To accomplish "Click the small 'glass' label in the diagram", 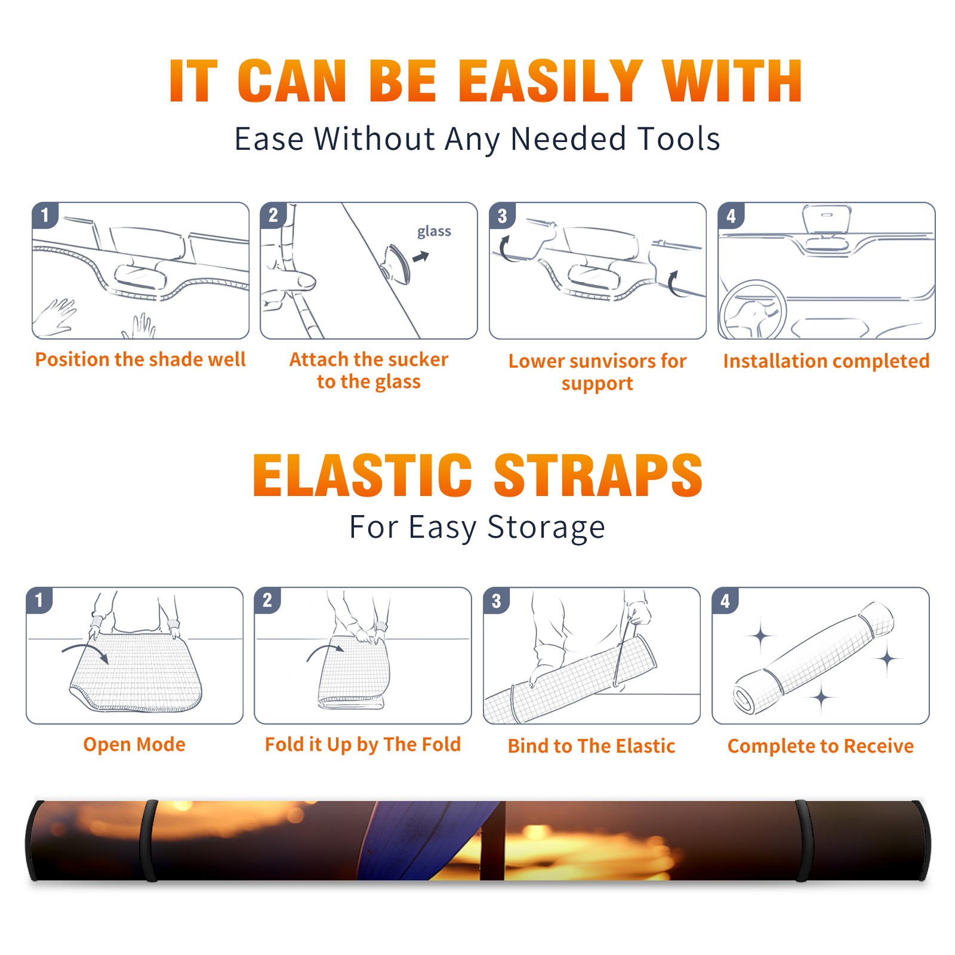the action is click(434, 232).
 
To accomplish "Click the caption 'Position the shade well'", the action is click(140, 359).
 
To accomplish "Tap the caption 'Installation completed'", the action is click(826, 361).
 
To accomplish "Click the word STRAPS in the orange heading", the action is click(598, 475).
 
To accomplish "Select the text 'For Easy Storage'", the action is click(478, 528).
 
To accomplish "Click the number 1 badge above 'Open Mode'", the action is click(39, 600).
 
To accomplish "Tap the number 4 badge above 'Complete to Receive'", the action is click(725, 600).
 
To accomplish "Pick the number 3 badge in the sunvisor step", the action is click(502, 215).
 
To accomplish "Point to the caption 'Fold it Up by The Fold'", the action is click(363, 745).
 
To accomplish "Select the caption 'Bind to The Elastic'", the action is click(592, 746).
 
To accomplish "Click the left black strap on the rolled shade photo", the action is click(149, 840).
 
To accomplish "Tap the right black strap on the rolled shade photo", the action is click(803, 840).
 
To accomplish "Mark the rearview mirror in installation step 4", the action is click(826, 219).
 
